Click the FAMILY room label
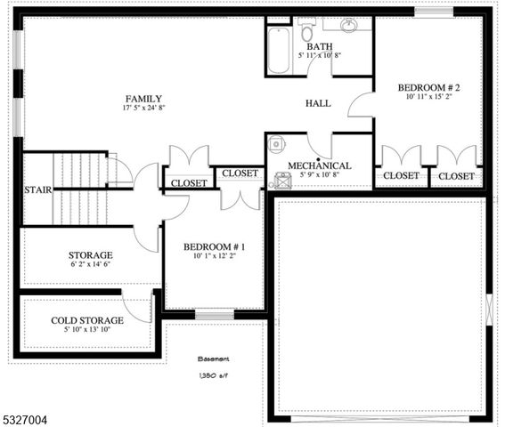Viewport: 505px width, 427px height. tap(143, 98)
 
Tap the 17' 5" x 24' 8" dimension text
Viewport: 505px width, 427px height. tap(143, 109)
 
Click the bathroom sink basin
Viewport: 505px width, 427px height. tap(349, 25)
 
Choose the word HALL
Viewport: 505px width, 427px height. tap(318, 103)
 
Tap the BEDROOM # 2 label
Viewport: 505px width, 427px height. tap(428, 87)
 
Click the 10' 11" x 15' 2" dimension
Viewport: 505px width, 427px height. tap(428, 98)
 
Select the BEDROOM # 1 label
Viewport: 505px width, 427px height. tap(215, 246)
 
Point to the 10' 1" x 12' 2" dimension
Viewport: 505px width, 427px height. tap(215, 257)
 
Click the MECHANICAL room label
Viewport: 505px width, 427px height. tap(319, 165)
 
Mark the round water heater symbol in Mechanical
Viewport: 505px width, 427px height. tap(277, 142)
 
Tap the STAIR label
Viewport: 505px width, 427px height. tap(37, 189)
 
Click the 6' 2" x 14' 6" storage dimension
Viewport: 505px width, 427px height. tap(90, 264)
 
